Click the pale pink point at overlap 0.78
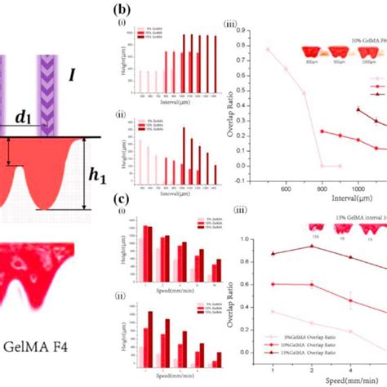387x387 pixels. coord(267,49)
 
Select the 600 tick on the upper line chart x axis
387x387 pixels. coord(287,189)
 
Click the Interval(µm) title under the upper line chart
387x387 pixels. coord(343,198)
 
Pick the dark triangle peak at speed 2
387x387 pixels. coord(311,246)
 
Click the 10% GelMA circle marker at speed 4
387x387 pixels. coord(351,300)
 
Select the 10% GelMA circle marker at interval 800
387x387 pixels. coord(321,131)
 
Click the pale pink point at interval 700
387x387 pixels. coord(304,93)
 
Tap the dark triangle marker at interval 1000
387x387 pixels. coord(358,109)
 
